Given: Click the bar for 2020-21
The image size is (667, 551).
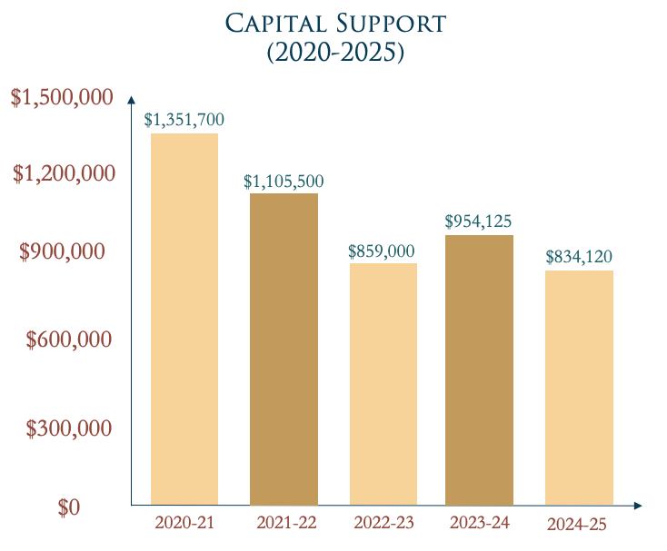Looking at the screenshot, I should [x=184, y=319].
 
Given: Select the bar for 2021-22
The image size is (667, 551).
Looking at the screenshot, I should [x=284, y=349].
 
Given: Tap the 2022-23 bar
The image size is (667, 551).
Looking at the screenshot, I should [x=383, y=383].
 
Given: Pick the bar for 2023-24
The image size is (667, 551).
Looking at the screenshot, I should [x=479, y=369].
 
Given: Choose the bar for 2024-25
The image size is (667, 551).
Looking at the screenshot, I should [x=579, y=387].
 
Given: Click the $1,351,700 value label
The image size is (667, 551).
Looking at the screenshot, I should [x=184, y=119].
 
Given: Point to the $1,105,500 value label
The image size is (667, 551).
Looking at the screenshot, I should [x=284, y=181].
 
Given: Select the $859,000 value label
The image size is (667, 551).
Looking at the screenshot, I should [x=382, y=251].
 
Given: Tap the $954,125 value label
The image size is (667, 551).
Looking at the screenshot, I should [x=479, y=221].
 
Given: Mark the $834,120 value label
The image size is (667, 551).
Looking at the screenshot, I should [x=579, y=257].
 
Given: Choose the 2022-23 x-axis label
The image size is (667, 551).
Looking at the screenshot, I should [x=382, y=524].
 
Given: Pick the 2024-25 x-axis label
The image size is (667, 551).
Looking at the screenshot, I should [x=576, y=525].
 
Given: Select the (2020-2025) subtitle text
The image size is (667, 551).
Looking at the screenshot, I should [x=333, y=53].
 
